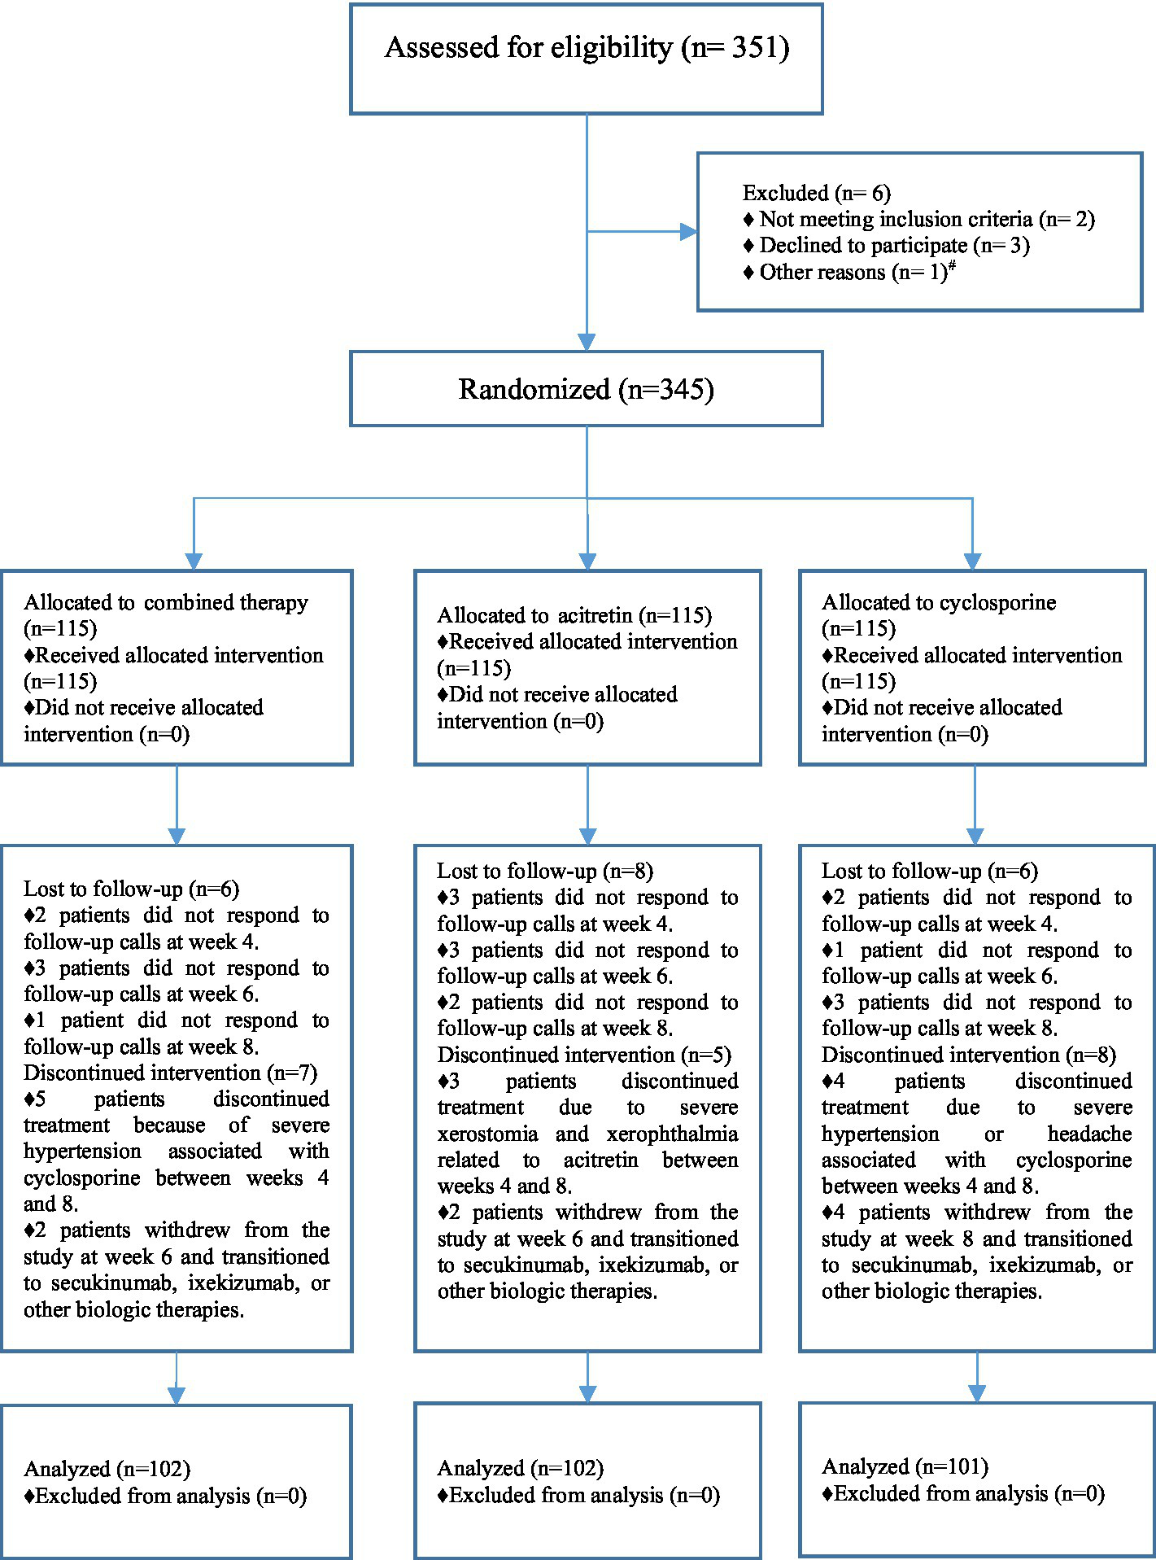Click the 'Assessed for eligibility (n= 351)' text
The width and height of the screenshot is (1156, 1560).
(x=587, y=48)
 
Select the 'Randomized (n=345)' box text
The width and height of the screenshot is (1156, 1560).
(x=587, y=389)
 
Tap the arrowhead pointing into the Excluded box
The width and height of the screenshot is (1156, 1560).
(x=688, y=232)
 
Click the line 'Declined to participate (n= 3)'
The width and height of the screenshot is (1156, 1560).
(x=893, y=246)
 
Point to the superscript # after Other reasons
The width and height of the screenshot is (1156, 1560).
(x=952, y=266)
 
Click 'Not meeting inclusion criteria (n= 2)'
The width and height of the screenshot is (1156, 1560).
(x=926, y=220)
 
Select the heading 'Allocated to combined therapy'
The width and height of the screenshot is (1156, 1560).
(x=166, y=603)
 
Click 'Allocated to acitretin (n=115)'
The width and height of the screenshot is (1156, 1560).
(x=574, y=616)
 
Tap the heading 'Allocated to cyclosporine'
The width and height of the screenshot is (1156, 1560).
(x=939, y=603)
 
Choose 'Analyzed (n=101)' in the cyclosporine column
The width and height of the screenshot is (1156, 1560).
(x=905, y=1466)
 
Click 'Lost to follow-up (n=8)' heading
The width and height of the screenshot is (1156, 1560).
(x=544, y=872)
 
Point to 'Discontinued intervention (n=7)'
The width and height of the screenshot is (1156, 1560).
(x=170, y=1073)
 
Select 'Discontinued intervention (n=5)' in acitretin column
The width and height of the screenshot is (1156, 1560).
(x=583, y=1055)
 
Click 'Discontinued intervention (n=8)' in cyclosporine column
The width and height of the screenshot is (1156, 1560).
(x=968, y=1055)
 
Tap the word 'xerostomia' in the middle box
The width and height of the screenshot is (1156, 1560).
(x=487, y=1134)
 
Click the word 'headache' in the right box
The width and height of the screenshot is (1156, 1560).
(x=1089, y=1134)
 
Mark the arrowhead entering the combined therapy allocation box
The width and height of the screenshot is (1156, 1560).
(x=194, y=562)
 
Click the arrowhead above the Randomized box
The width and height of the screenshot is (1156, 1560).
(x=587, y=342)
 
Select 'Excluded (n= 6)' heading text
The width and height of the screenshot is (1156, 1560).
(x=816, y=194)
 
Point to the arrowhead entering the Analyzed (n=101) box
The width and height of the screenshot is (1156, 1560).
(x=977, y=1393)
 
